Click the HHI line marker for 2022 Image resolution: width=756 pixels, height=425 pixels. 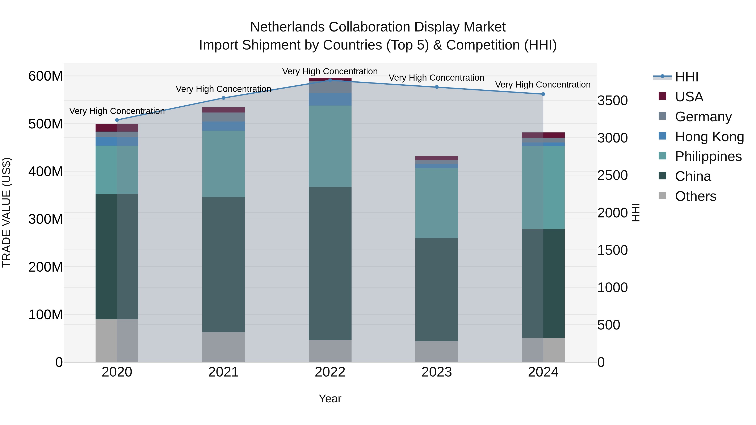[330, 80]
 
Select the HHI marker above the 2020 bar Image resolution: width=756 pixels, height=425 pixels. [117, 120]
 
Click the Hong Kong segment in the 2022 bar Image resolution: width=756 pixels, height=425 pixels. [330, 99]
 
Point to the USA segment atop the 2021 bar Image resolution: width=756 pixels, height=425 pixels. [223, 110]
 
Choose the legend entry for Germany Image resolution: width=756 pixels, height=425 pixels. [703, 117]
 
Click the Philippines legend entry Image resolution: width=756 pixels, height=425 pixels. [708, 156]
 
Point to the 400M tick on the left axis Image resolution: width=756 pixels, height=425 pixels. [46, 172]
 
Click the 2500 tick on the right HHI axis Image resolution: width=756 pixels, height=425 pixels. [613, 175]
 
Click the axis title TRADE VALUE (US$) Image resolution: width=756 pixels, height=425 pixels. [7, 212]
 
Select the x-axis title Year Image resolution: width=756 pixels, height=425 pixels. [330, 399]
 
